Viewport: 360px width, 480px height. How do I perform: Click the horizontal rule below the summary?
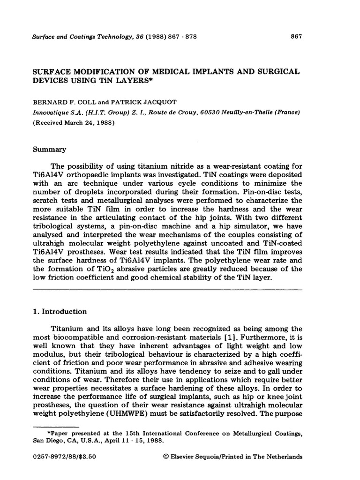pos(166,290)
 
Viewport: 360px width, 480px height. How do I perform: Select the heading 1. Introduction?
pos(59,311)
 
